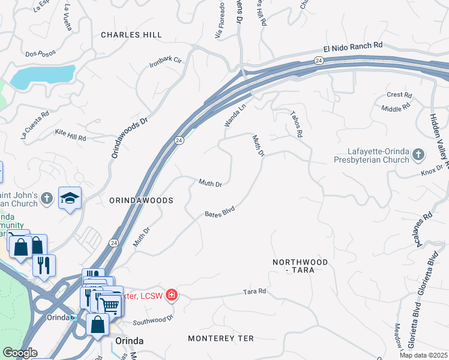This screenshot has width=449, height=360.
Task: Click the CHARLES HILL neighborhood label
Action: coord(131,35)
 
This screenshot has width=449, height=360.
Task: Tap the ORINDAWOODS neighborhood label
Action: coord(142,200)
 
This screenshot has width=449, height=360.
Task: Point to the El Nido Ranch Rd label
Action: coord(353,46)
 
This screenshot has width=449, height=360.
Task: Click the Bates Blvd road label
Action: coord(219,212)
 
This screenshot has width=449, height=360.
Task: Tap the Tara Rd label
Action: coord(255,292)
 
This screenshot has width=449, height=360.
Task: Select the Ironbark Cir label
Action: coord(166,60)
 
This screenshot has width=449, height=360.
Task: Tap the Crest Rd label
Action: coord(399,95)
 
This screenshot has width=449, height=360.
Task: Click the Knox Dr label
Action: coord(431,172)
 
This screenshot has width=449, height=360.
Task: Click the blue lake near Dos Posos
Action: coord(42,75)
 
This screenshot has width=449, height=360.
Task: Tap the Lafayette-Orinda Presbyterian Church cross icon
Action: coord(418,155)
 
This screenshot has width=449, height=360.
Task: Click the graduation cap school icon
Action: coord(70,198)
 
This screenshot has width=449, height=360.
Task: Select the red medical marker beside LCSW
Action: coord(171,295)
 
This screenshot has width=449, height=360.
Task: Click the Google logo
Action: coord(20,353)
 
